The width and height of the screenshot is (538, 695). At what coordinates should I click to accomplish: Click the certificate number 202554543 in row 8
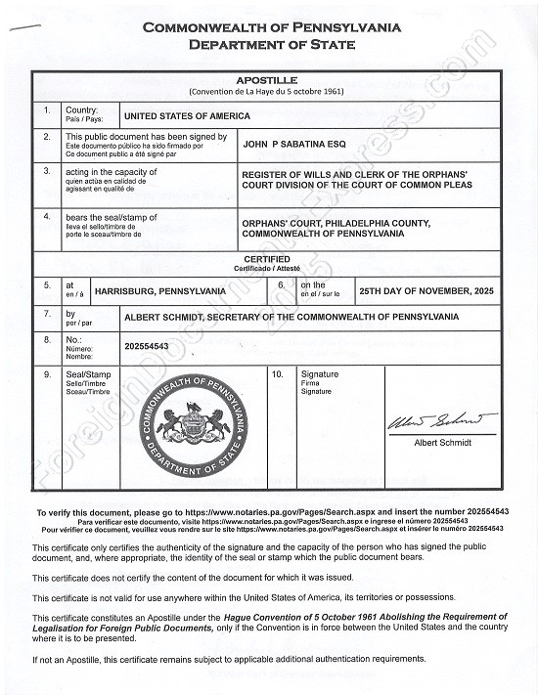tap(148, 346)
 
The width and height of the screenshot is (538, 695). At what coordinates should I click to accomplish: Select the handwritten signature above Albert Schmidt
tap(442, 424)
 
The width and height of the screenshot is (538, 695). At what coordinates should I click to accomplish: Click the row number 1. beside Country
tap(46, 111)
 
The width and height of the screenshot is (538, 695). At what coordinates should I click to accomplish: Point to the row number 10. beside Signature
tap(278, 374)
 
